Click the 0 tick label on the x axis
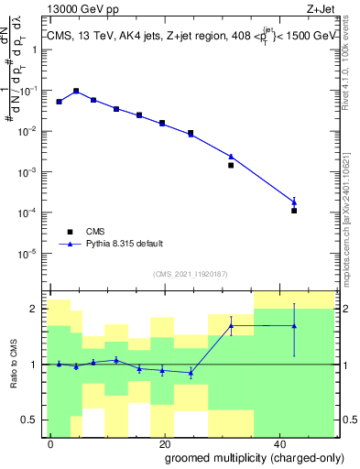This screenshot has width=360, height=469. click(x=51, y=442)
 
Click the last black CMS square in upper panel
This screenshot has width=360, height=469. click(x=294, y=211)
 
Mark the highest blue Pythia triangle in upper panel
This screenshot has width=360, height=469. click(x=76, y=91)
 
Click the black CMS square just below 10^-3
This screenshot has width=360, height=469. click(x=231, y=166)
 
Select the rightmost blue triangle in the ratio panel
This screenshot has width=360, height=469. click(x=294, y=325)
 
